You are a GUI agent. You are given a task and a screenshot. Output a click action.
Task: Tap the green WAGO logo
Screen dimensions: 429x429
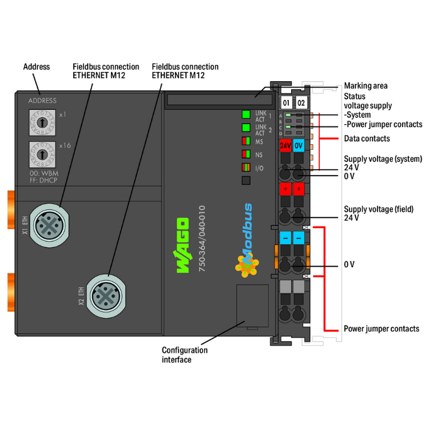(182, 244)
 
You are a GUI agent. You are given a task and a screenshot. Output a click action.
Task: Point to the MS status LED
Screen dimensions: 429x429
(246, 141)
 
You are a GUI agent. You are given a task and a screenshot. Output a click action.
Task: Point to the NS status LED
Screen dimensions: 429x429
(246, 154)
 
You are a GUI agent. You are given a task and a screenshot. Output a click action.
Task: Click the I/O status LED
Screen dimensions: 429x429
(246, 168)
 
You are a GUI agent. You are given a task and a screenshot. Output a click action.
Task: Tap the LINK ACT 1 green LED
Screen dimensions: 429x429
(246, 114)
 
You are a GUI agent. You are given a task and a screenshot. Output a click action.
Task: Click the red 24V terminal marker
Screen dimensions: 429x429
(285, 145)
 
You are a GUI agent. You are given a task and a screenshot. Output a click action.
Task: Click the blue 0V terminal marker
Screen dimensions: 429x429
(299, 145)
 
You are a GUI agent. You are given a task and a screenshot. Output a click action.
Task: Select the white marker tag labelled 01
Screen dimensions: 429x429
(287, 103)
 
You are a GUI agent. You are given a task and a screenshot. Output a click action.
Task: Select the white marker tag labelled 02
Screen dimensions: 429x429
(301, 103)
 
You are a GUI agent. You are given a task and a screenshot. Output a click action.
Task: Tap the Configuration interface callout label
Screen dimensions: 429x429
(184, 355)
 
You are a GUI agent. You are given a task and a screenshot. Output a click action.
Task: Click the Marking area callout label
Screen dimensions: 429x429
(366, 86)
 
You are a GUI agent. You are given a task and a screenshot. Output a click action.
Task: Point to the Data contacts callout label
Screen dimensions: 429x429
(367, 138)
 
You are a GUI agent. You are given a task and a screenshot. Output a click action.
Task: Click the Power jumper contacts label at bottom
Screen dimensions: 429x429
(381, 329)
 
